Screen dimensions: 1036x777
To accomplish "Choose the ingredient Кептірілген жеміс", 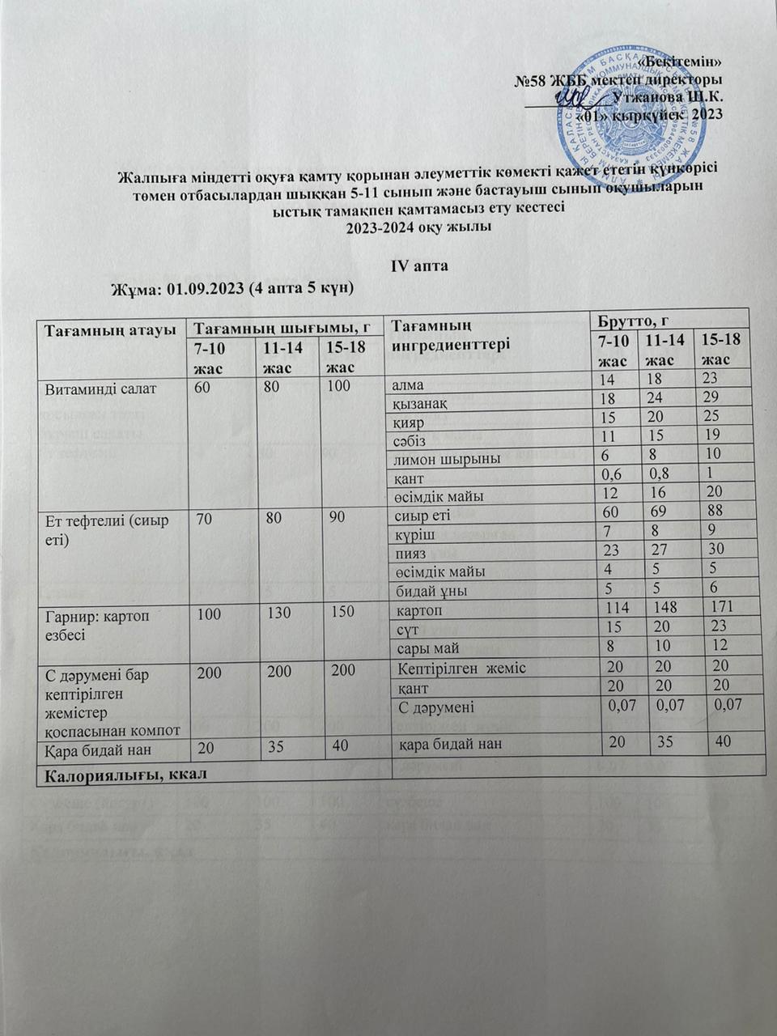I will click(x=462, y=668).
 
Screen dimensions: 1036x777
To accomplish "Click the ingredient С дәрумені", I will click(x=437, y=707).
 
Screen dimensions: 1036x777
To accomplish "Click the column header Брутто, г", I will click(x=632, y=319).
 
